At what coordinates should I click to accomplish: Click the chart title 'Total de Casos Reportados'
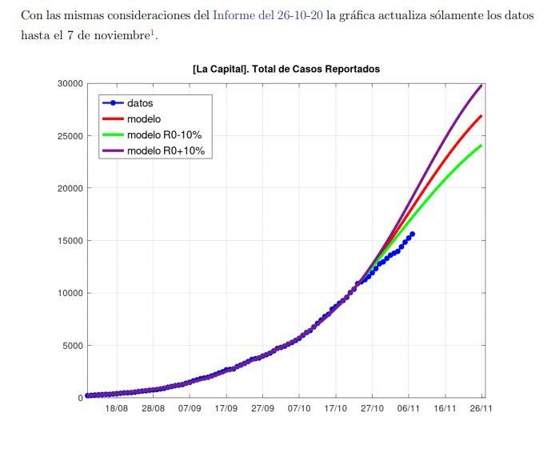[285, 70]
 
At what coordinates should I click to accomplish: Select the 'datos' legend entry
[140, 102]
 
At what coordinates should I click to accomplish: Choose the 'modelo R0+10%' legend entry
[167, 150]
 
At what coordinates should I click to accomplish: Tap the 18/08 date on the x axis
[117, 408]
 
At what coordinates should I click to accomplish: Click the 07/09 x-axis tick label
[190, 408]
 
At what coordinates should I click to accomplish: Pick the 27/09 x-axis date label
[262, 408]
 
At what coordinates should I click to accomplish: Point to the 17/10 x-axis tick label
[335, 408]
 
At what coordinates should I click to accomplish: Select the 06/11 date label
[409, 408]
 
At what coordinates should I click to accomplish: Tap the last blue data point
[412, 234]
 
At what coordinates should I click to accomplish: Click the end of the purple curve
[481, 85]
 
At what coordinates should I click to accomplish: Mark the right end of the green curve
[481, 146]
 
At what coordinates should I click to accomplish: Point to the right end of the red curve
[481, 116]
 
